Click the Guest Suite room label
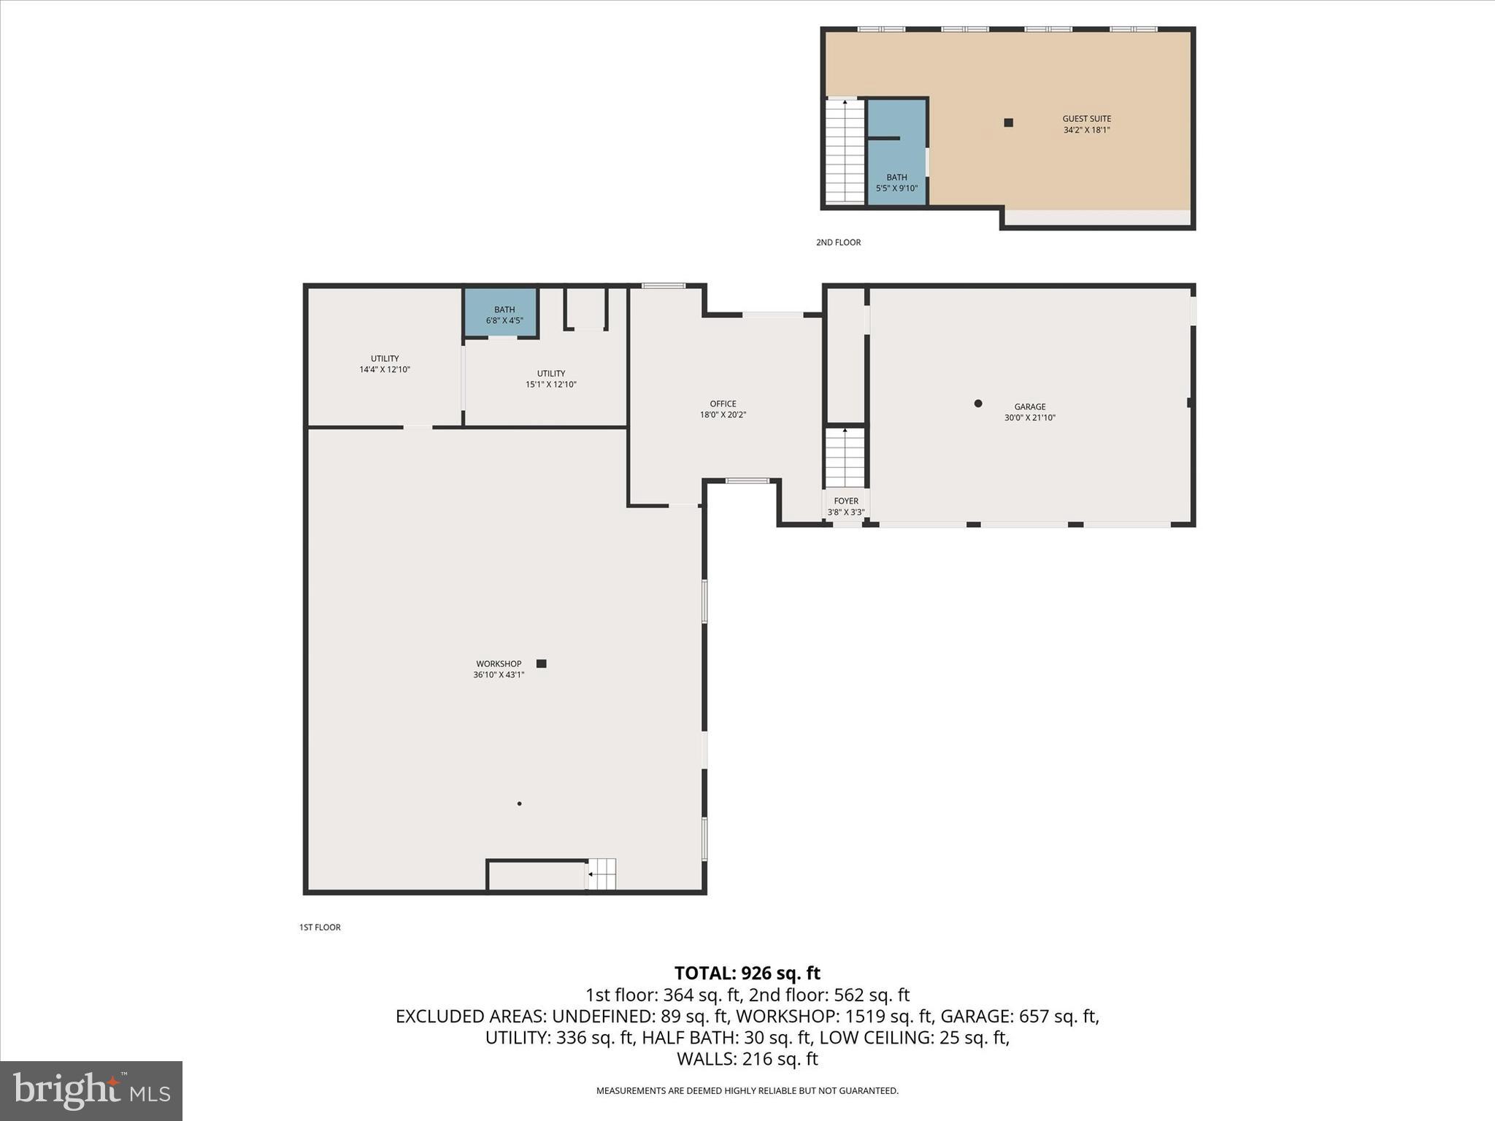coord(1086,119)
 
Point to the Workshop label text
coord(499,664)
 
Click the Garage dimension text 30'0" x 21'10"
coord(1029,418)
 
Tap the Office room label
coord(723,404)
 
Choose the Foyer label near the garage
coord(846,501)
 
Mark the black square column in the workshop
coord(542,663)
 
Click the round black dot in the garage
coord(978,404)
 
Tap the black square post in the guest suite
coord(1008,123)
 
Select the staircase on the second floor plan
coord(845,151)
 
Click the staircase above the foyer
coord(845,458)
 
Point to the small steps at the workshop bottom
coord(602,874)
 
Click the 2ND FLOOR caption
coord(838,242)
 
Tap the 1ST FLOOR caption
coord(320,928)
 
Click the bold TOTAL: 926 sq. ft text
coord(747,974)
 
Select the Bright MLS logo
coord(91,1091)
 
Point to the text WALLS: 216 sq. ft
coord(747,1059)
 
